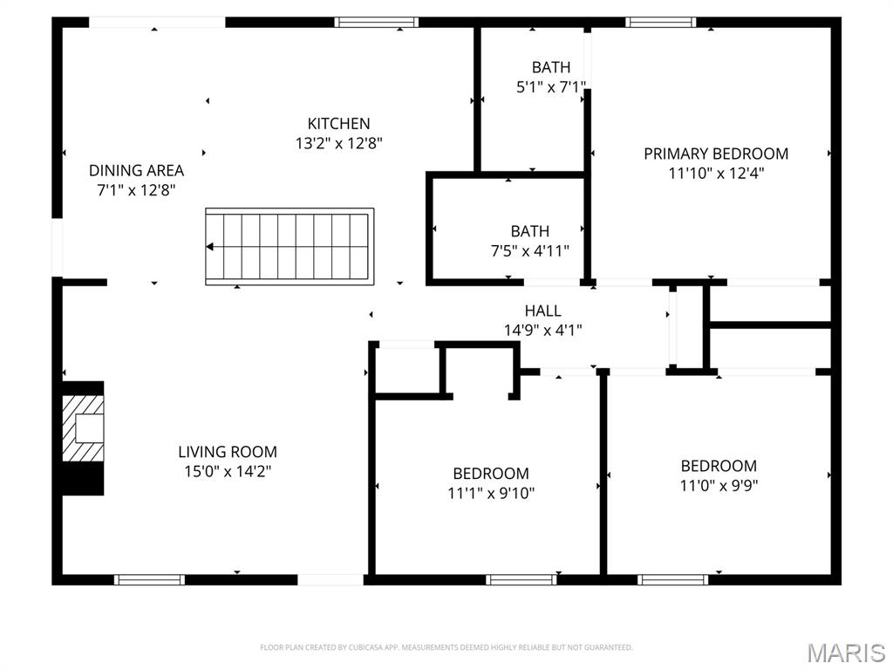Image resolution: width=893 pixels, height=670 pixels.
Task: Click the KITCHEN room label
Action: (x=338, y=124)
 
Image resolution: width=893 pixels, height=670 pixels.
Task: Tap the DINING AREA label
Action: (x=136, y=170)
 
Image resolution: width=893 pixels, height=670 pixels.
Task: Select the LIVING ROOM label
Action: (x=228, y=452)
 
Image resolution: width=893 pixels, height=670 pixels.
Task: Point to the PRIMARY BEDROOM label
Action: (x=716, y=154)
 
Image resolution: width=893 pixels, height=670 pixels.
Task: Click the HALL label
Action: (x=542, y=311)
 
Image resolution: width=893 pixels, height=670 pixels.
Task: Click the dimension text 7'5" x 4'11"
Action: (x=530, y=251)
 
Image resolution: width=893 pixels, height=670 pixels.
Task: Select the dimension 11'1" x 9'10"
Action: (x=491, y=493)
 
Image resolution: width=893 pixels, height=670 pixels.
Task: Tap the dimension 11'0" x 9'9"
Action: (x=719, y=485)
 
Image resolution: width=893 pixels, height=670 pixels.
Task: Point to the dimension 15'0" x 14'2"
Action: (x=228, y=471)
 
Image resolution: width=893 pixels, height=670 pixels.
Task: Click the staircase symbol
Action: (x=290, y=246)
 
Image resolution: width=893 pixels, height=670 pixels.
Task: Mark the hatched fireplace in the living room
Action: (x=83, y=428)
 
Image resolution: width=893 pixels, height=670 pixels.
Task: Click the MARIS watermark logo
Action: (x=846, y=653)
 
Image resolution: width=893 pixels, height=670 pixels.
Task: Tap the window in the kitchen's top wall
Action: (x=377, y=23)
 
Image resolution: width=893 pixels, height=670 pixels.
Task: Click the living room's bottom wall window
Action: (x=150, y=579)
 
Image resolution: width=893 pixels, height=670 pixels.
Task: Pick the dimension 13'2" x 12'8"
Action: (x=338, y=143)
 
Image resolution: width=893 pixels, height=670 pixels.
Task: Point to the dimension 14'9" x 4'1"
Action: (x=542, y=330)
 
